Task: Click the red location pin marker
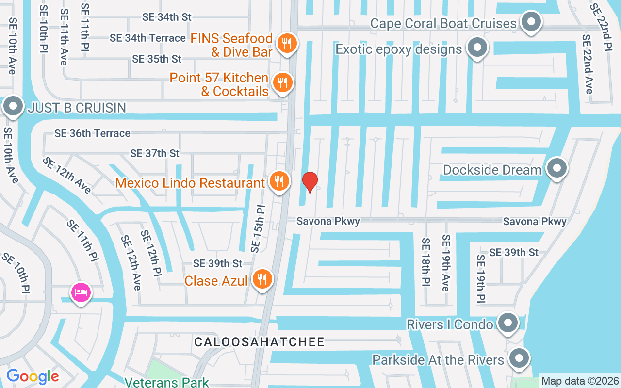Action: pos(310,182)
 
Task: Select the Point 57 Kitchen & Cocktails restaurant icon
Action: pos(281,83)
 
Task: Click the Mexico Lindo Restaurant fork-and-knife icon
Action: pos(279,181)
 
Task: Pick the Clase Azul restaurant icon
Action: pos(262,279)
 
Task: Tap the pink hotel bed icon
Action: pos(81,292)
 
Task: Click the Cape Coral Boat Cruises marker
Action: pos(531,22)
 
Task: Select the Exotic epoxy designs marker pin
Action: pos(477,48)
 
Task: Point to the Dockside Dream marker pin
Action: pos(556,168)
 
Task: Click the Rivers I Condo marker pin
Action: pos(508,322)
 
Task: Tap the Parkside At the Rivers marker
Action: pos(519,358)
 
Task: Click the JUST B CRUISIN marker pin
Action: pos(13,106)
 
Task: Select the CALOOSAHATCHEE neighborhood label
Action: pos(259,342)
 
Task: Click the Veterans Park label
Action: pos(166,382)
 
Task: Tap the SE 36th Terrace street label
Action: pos(92,133)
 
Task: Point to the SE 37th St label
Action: pos(155,153)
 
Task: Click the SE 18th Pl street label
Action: pos(425,261)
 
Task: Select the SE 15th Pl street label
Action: pos(258,228)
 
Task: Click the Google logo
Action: pos(33,376)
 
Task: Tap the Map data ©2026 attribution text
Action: pos(580,381)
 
